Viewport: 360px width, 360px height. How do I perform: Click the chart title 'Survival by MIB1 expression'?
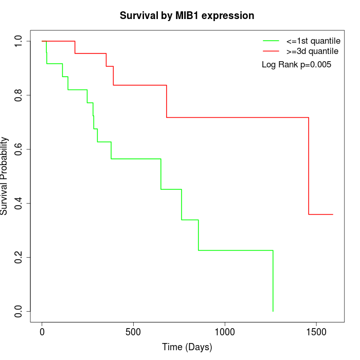click(x=187, y=15)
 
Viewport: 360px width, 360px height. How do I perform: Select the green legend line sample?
click(x=271, y=41)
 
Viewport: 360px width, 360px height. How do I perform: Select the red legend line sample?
click(x=271, y=51)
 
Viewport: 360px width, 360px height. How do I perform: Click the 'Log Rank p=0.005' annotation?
click(x=296, y=65)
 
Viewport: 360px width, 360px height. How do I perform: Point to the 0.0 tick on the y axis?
click(x=19, y=311)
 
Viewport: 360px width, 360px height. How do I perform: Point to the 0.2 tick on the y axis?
click(x=19, y=257)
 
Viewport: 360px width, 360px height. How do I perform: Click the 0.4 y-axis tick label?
click(x=19, y=203)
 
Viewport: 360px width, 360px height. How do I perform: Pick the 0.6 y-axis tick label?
click(x=19, y=149)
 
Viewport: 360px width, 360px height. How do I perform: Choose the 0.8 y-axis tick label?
click(x=19, y=95)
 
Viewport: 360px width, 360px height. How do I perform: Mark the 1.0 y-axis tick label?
click(x=19, y=41)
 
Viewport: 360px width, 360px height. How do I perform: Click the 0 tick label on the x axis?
click(x=42, y=332)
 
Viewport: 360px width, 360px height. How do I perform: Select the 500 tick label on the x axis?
click(x=133, y=332)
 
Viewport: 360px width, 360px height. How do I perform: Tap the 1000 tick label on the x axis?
click(x=225, y=332)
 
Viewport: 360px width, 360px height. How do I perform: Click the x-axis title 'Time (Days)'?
click(x=187, y=347)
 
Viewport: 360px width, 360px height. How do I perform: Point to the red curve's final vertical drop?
click(x=309, y=166)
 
